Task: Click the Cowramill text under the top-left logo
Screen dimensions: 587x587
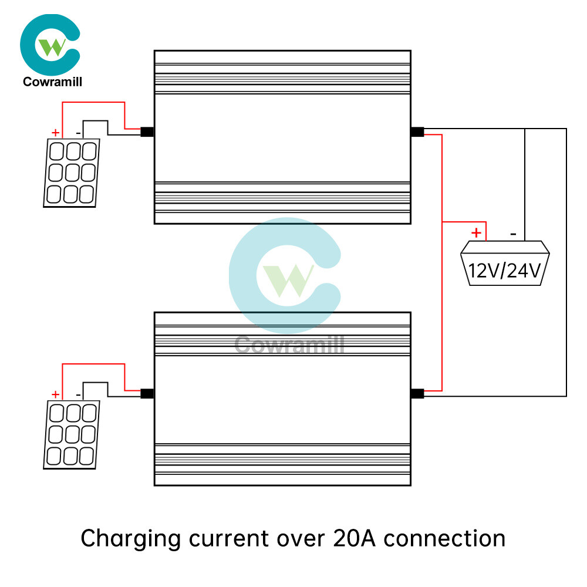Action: [x=52, y=82]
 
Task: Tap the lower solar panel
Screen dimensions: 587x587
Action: [x=72, y=435]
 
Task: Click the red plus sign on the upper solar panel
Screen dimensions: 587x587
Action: [x=56, y=133]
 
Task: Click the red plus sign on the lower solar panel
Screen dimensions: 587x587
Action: [x=56, y=394]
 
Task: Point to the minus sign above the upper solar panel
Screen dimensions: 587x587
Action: [x=79, y=133]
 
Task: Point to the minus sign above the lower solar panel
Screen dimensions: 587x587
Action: [x=79, y=395]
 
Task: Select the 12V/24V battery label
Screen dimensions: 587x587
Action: [x=505, y=270]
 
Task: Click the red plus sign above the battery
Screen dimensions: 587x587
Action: [x=477, y=233]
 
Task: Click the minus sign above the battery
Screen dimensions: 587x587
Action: [x=514, y=234]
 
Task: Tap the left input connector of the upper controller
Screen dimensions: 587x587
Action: [x=147, y=132]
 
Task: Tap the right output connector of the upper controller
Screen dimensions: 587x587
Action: [x=417, y=132]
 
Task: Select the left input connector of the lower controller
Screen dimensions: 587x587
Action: [x=147, y=394]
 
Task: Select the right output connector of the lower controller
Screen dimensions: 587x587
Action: [x=417, y=394]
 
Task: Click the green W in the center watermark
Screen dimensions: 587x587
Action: [x=289, y=279]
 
